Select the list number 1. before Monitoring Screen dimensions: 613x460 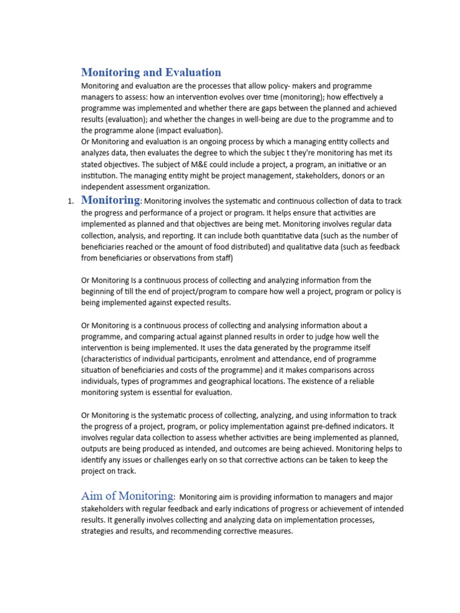coord(70,202)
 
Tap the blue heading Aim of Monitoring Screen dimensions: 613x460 coord(127,496)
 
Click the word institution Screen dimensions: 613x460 coord(99,175)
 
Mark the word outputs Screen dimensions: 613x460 coord(96,448)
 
